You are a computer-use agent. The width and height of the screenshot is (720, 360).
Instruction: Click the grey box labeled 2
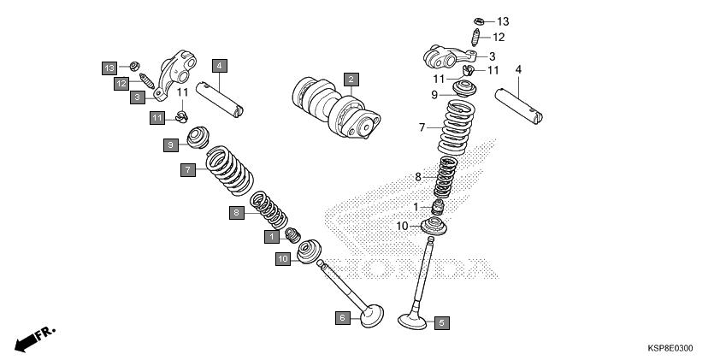click(x=351, y=80)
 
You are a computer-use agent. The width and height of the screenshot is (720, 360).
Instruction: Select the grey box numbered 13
click(x=109, y=68)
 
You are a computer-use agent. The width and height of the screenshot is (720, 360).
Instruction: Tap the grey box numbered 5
click(x=441, y=323)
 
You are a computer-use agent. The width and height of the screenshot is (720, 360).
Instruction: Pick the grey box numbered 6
click(x=343, y=317)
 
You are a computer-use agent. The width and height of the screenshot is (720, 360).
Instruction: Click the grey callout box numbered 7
click(x=188, y=170)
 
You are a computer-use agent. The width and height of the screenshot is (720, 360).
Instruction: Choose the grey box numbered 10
click(x=283, y=259)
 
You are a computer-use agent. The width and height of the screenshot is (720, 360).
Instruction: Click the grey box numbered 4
click(x=220, y=66)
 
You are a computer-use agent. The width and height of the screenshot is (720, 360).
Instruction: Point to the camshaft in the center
click(x=336, y=108)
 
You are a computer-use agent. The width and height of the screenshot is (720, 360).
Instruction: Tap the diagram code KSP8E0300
click(x=670, y=348)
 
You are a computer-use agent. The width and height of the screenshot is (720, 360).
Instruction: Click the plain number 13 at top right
click(x=503, y=21)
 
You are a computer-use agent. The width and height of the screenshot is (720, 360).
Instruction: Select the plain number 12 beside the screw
click(x=499, y=37)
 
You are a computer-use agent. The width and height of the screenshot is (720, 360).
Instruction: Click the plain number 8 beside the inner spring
click(x=418, y=177)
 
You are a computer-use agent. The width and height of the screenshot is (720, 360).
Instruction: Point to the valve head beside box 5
click(x=412, y=321)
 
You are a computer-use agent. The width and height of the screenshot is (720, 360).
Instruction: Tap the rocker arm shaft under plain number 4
click(x=518, y=107)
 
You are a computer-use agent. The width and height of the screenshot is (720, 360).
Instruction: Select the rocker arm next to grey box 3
click(x=175, y=74)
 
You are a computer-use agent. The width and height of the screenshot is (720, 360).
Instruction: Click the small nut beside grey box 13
click(x=134, y=66)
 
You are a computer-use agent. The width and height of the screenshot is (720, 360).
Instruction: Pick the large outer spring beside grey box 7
click(x=229, y=170)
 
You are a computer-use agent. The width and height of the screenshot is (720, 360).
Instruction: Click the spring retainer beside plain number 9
click(x=464, y=89)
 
